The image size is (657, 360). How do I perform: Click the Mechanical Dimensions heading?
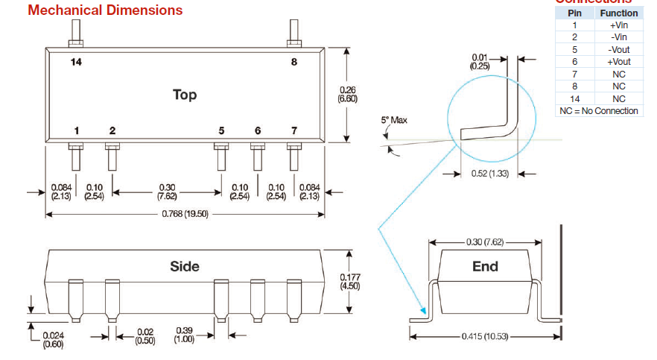(x=105, y=10)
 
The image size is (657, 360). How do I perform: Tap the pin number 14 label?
(x=76, y=62)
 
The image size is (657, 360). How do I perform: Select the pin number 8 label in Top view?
(x=294, y=62)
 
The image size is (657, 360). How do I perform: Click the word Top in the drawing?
(x=185, y=95)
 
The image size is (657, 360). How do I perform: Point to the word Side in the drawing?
(x=185, y=266)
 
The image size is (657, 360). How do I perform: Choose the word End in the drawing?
(x=485, y=266)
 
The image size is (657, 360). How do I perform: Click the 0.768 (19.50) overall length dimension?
(x=184, y=213)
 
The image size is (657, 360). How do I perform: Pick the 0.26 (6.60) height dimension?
(x=347, y=94)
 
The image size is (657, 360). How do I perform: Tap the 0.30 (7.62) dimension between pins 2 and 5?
(x=167, y=192)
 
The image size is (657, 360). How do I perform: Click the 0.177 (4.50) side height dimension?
(x=349, y=280)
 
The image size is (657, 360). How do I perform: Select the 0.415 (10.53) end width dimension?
(x=485, y=336)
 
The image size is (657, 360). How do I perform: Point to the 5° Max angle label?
(x=393, y=120)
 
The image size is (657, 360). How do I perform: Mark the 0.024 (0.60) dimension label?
(x=52, y=339)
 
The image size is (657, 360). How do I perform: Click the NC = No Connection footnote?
(x=599, y=111)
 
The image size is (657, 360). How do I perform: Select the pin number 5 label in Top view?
(x=221, y=130)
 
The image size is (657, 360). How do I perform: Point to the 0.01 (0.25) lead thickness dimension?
(x=480, y=62)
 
